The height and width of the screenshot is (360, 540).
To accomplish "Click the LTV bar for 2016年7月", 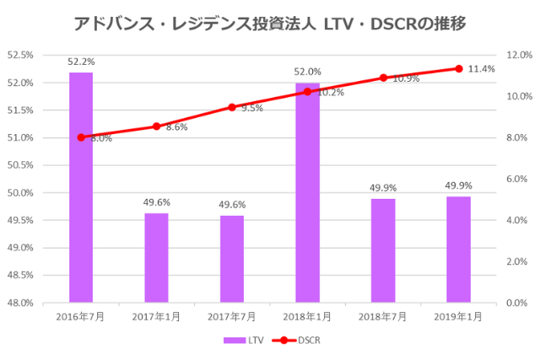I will coord(81,187).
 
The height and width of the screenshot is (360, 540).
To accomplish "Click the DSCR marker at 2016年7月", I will coord(81,137).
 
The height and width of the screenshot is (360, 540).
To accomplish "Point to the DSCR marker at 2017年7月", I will coord(232,107).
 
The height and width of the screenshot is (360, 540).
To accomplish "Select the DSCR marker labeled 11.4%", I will coord(458,68).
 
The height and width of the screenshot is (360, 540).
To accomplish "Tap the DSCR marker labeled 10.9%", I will coord(383,78).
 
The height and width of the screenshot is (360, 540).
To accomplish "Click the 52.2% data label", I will coord(81,62).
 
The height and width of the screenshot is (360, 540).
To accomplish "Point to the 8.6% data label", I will coord(176,127).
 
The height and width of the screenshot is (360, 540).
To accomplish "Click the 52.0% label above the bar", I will coord(307,73).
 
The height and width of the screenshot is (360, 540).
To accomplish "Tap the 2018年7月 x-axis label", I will coord(383,316).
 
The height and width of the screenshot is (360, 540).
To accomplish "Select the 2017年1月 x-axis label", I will coord(156,316).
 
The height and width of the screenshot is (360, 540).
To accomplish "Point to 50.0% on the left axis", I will coord(20,193).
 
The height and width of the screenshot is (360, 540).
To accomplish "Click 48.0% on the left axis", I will coord(20,303).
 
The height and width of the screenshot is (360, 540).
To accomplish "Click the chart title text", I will coord(269,23).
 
